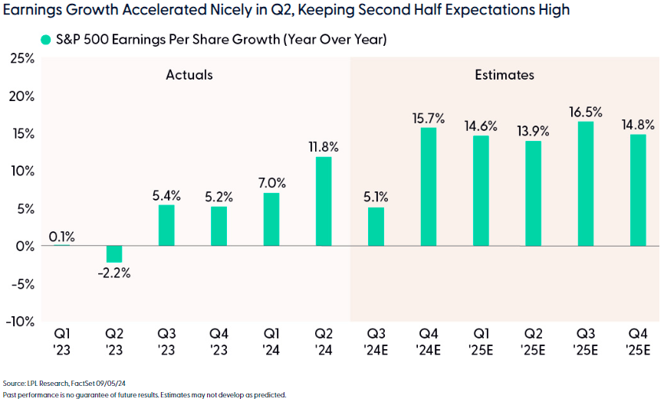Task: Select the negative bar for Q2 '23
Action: (x=114, y=254)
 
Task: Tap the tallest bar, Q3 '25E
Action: (x=585, y=184)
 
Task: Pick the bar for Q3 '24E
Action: (x=376, y=227)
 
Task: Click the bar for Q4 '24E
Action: (x=428, y=187)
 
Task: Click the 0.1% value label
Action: (x=61, y=237)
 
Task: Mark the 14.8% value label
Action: (x=637, y=124)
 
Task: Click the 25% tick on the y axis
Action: (x=21, y=58)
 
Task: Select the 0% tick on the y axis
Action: (x=25, y=246)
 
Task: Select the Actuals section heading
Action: (x=189, y=75)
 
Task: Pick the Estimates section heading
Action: (x=504, y=75)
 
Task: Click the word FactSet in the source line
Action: (x=80, y=382)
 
